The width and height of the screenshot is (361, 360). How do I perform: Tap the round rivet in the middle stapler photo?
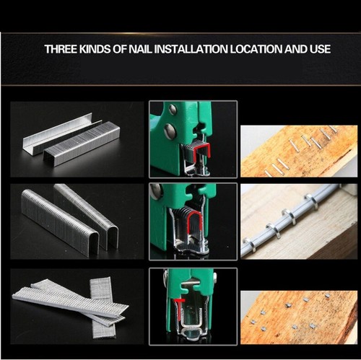click(156, 192)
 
